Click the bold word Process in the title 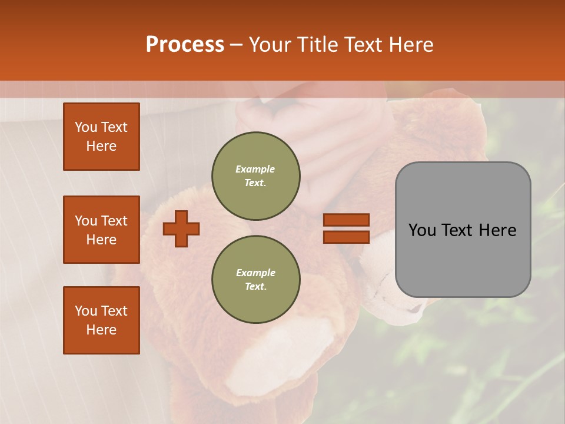(x=185, y=45)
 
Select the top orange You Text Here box (x=101, y=137)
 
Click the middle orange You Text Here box (x=101, y=230)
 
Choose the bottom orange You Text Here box (x=101, y=320)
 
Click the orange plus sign (x=181, y=228)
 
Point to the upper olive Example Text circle (x=256, y=176)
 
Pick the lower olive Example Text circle (x=256, y=280)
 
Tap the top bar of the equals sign (x=347, y=220)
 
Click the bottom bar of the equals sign (x=347, y=237)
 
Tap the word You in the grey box (x=423, y=230)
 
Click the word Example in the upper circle (x=255, y=170)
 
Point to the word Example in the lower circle (x=255, y=273)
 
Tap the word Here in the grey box (x=497, y=230)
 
